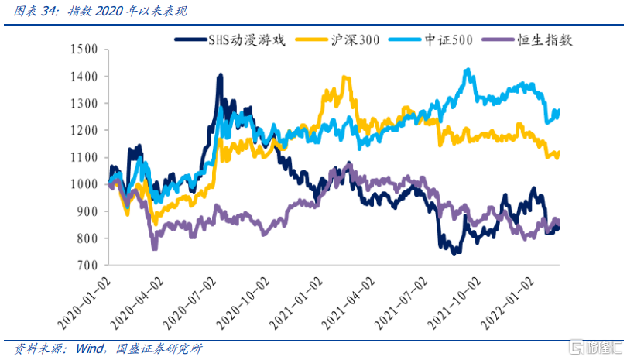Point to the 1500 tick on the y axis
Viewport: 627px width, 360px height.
pyautogui.click(x=83, y=50)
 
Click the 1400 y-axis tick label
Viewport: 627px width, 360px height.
pyautogui.click(x=83, y=77)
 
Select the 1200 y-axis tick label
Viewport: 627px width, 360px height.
pyautogui.click(x=83, y=131)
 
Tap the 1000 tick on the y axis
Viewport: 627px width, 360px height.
pyautogui.click(x=83, y=184)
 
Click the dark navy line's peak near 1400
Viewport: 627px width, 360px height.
pyautogui.click(x=221, y=75)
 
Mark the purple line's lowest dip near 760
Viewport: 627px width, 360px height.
pyautogui.click(x=155, y=248)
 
